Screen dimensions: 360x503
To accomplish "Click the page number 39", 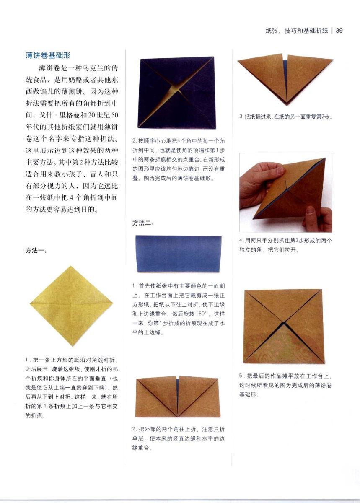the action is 339,30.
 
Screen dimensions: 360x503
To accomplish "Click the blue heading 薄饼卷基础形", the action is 48,55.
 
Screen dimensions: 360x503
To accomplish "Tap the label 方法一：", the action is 36,250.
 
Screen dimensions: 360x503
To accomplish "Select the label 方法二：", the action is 143,223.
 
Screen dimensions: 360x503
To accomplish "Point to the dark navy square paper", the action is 176,92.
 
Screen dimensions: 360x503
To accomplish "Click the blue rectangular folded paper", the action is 178,254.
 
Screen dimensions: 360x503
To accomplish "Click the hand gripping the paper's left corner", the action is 261,184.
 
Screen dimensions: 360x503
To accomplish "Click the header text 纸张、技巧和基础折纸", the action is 296,30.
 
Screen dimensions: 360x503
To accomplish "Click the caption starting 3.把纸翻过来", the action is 286,117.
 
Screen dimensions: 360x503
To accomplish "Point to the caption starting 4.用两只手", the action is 285,245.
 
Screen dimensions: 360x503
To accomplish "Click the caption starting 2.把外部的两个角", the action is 178,438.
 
